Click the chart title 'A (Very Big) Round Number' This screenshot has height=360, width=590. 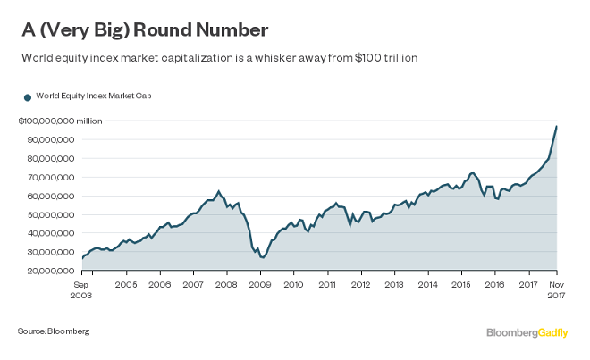pyautogui.click(x=143, y=29)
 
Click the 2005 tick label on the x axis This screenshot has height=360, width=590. pyautogui.click(x=126, y=284)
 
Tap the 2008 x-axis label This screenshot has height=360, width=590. pyautogui.click(x=226, y=284)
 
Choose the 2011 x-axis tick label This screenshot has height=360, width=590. pyautogui.click(x=326, y=284)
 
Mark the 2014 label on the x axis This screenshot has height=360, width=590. pyautogui.click(x=427, y=284)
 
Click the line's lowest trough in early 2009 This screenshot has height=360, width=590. pyautogui.click(x=263, y=257)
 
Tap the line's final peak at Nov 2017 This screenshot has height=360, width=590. pyautogui.click(x=557, y=126)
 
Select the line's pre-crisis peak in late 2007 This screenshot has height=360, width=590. pyautogui.click(x=219, y=191)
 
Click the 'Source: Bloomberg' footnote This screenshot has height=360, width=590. pyautogui.click(x=54, y=331)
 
